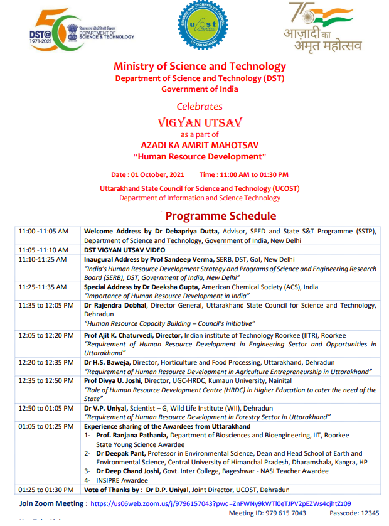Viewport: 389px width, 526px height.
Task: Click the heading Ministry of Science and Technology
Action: (200, 67)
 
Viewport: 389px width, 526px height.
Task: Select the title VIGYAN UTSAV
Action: (200, 121)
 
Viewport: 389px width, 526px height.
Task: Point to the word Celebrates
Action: (200, 106)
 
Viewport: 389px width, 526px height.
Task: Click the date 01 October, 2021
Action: (161, 174)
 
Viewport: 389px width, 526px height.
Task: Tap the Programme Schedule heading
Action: (221, 216)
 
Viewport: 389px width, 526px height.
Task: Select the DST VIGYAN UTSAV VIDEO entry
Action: (125, 250)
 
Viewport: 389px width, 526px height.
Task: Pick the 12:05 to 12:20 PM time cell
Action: (46, 336)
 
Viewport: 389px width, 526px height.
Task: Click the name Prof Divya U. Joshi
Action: (114, 381)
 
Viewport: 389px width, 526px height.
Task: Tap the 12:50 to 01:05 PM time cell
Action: (46, 408)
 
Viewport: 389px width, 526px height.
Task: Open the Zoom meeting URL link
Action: (221, 503)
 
